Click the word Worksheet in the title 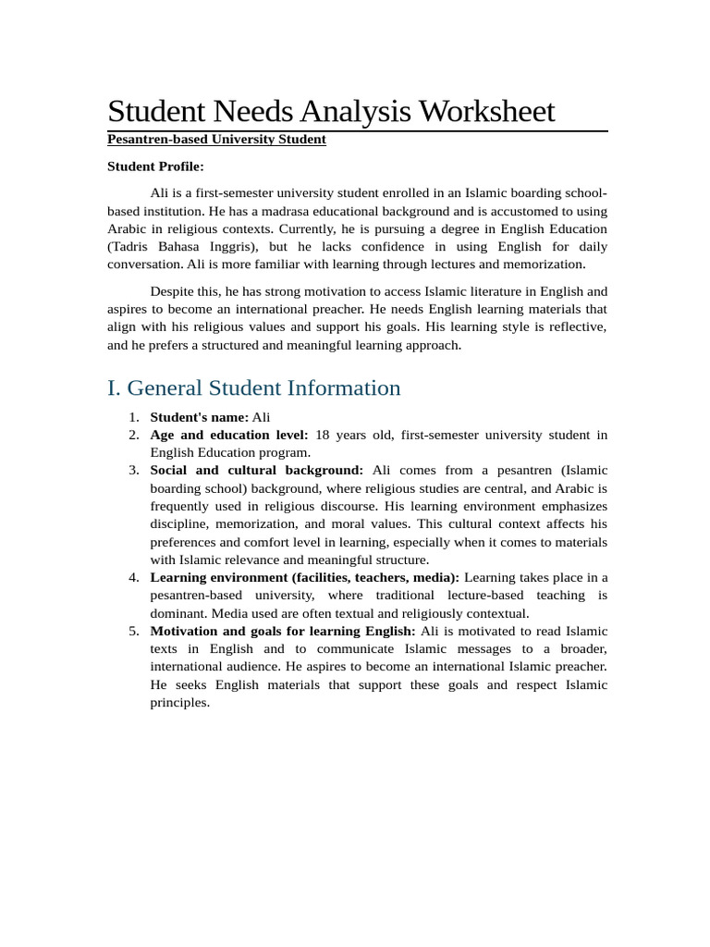[486, 112]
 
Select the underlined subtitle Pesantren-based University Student [216, 140]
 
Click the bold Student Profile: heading [155, 166]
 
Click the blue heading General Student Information [263, 387]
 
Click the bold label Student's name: [199, 417]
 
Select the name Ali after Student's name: [262, 417]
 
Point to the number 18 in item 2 [324, 435]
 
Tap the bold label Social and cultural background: [256, 471]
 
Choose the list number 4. [133, 578]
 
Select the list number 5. [133, 632]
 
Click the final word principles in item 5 [180, 703]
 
